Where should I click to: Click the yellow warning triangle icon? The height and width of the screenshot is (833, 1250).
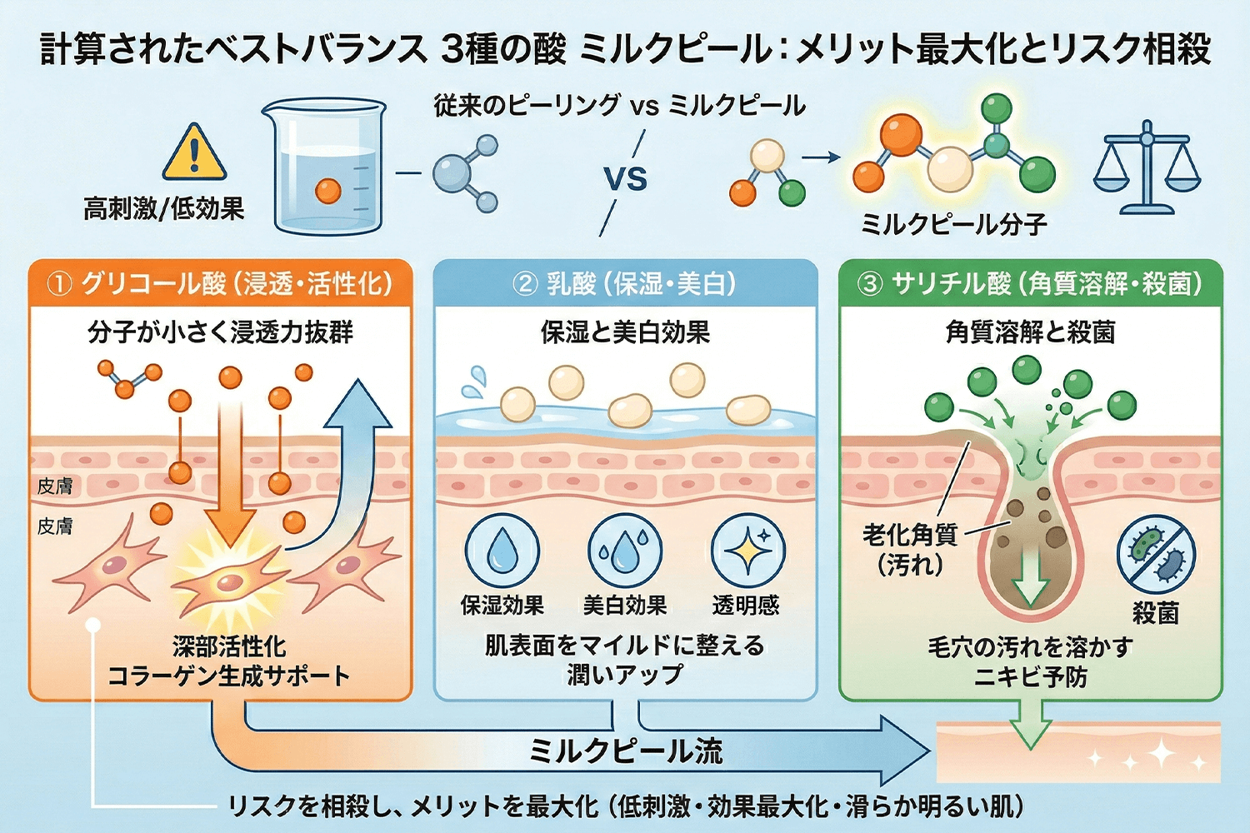tap(193, 153)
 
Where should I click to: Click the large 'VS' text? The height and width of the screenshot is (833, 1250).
tap(625, 178)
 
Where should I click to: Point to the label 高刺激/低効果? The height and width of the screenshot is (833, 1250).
tap(163, 208)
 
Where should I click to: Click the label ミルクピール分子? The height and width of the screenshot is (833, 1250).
tap(953, 224)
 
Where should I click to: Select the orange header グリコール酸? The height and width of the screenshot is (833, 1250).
tap(220, 284)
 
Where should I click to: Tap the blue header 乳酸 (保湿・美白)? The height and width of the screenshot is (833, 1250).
tap(625, 284)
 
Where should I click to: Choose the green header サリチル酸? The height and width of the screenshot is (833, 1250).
tap(1030, 284)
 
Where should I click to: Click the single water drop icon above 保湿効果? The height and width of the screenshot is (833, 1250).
tap(502, 551)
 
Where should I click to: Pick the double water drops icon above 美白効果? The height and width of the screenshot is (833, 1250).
tap(625, 551)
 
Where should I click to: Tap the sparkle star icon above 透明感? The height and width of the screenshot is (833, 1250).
tap(747, 551)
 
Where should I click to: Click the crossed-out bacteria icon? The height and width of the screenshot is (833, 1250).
tap(1156, 553)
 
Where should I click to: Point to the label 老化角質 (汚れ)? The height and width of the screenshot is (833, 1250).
tap(910, 549)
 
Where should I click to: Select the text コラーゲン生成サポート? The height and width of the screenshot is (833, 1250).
tap(229, 676)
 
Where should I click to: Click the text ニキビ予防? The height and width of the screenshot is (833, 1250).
tap(1030, 676)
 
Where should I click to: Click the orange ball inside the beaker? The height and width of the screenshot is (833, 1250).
tap(328, 192)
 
